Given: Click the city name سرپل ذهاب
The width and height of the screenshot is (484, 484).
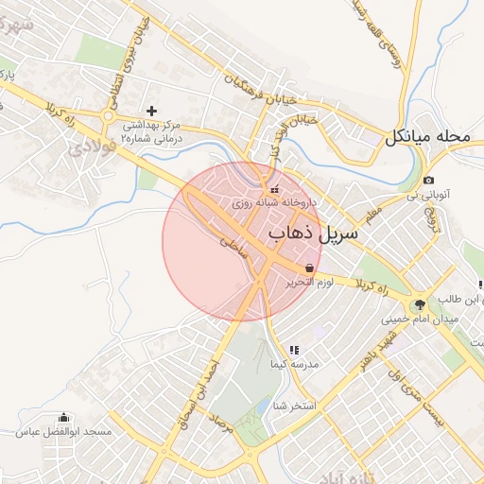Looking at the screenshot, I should pyautogui.click(x=314, y=232).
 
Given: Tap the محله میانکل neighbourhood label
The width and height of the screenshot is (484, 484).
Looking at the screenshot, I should pyautogui.click(x=427, y=137).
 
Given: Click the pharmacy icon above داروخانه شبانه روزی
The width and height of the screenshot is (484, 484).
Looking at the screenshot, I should pyautogui.click(x=275, y=189).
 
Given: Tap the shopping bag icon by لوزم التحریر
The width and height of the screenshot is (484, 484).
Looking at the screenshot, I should pyautogui.click(x=310, y=268).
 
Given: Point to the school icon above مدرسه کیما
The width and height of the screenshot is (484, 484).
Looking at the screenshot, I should pyautogui.click(x=294, y=350).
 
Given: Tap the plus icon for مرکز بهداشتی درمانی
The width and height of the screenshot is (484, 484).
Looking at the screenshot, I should pyautogui.click(x=150, y=111).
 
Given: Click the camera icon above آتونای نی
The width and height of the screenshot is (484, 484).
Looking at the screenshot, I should pyautogui.click(x=429, y=180).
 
